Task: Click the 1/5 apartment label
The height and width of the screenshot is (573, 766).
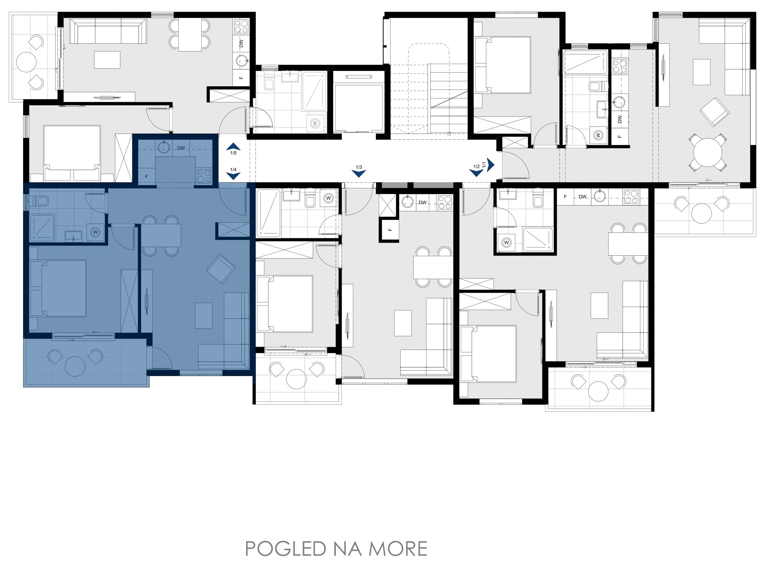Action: click(233, 153)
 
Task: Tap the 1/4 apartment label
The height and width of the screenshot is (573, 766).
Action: click(233, 169)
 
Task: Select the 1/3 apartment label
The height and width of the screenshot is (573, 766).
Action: click(359, 167)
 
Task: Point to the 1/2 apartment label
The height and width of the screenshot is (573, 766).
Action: click(476, 166)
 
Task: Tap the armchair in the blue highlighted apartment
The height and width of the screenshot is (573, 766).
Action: click(221, 268)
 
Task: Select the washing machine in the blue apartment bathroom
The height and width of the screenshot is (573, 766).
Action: click(95, 232)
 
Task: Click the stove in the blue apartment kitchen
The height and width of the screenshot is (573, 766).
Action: click(204, 176)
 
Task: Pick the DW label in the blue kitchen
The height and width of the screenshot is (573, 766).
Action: click(181, 148)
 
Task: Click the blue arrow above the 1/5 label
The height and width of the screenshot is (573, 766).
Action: click(233, 146)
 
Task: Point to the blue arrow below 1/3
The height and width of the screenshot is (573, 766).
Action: click(359, 174)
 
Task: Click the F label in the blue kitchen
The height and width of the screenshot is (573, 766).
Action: click(147, 176)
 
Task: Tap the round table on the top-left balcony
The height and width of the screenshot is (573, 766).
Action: click(26, 62)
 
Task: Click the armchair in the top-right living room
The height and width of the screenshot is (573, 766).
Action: click(715, 112)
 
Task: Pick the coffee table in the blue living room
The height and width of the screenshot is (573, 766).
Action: click(204, 316)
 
